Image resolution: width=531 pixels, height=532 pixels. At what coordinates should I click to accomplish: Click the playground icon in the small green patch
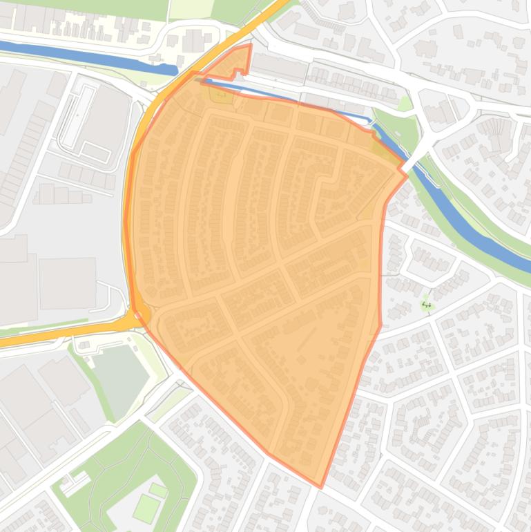click(x=426, y=303)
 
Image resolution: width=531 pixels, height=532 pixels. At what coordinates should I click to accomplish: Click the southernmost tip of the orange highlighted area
click(x=320, y=486)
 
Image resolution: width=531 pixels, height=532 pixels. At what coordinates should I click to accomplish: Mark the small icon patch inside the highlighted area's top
click(x=222, y=93)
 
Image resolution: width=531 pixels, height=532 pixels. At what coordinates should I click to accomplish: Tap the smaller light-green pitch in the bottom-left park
click(x=158, y=491)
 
